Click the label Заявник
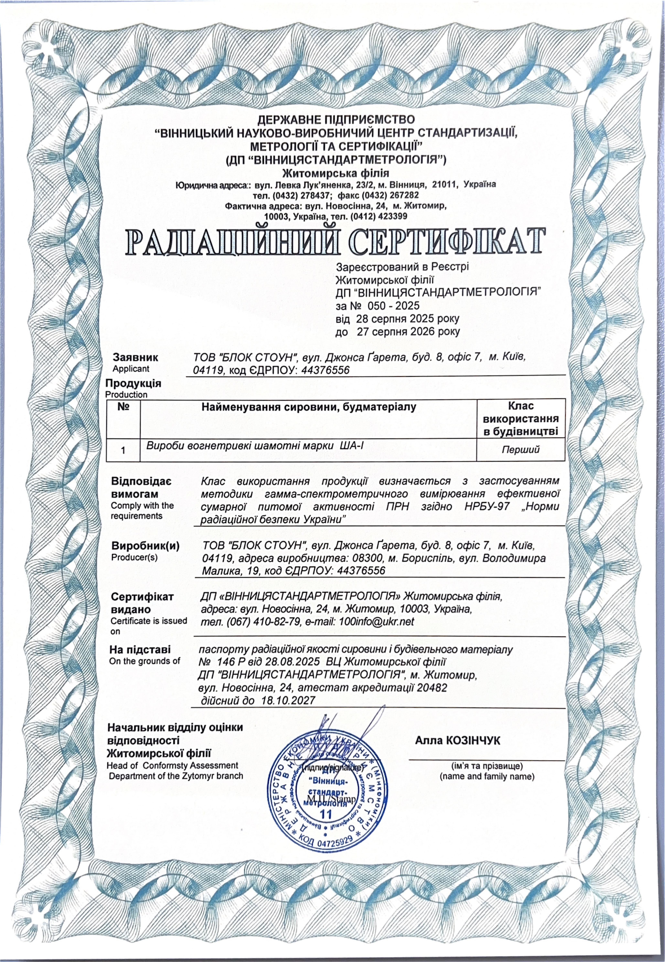click(x=135, y=357)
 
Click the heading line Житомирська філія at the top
click(x=335, y=173)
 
